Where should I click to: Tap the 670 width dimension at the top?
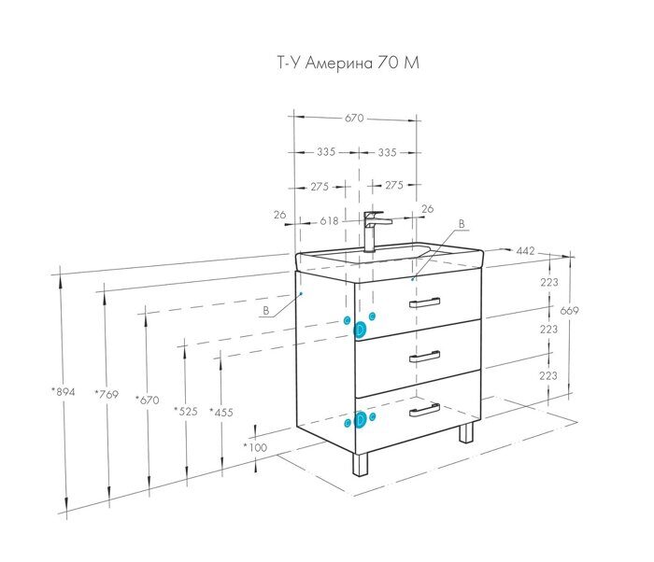tap(354, 119)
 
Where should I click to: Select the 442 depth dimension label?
tap(526, 250)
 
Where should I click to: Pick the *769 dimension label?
tap(107, 395)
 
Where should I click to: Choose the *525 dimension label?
tap(186, 410)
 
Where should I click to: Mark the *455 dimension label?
tap(221, 411)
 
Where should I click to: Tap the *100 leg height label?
tap(255, 447)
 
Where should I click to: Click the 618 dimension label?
tap(329, 221)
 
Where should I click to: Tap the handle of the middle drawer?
tap(425, 355)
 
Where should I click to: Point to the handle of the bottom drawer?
tap(425, 408)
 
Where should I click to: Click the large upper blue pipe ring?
tap(359, 329)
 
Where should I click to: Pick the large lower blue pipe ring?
tap(360, 420)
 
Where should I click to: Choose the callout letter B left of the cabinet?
tap(265, 310)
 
